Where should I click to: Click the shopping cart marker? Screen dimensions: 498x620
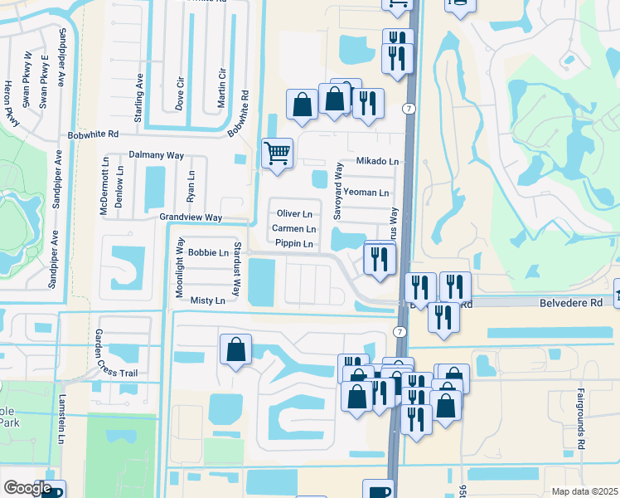[x=277, y=153]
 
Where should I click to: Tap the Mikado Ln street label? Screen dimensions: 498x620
[x=377, y=161]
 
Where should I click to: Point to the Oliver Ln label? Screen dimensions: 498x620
[x=293, y=213]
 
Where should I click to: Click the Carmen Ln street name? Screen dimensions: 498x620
[x=293, y=228]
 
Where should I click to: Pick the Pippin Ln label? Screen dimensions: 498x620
[x=294, y=243]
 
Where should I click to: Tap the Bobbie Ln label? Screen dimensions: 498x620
[x=207, y=251]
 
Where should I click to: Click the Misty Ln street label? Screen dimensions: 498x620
[x=207, y=300]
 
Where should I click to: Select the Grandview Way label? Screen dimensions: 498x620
[x=191, y=217]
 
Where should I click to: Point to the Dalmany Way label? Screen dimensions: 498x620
[x=157, y=155]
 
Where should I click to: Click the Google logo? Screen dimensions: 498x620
[x=27, y=488]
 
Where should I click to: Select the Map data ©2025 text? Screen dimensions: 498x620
[x=584, y=491]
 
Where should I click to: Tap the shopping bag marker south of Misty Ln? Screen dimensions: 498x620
[x=235, y=349]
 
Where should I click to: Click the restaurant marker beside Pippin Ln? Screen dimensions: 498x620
[x=379, y=259]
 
